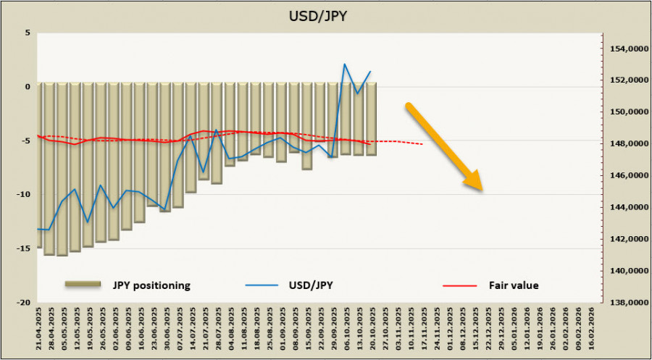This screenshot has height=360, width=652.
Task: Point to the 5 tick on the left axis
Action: [27, 33]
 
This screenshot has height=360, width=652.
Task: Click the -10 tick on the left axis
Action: [24, 194]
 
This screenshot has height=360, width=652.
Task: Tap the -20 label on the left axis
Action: [24, 302]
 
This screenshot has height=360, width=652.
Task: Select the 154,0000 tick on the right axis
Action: [626, 49]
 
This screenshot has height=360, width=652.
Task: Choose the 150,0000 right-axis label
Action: [626, 112]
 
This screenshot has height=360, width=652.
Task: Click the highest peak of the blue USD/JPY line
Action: [344, 64]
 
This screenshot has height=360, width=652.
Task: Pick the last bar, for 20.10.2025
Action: [370, 119]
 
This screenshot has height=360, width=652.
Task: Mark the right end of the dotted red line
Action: [422, 144]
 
